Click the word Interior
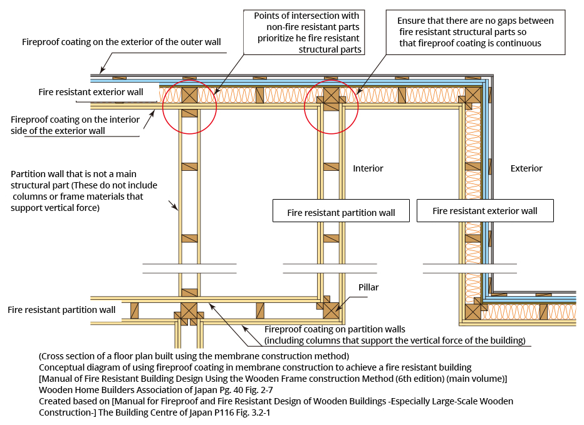pos(368,168)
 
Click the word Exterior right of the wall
pos(526,168)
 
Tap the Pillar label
pos(368,287)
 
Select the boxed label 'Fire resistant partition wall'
pos(341,211)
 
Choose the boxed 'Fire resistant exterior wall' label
pos(485,211)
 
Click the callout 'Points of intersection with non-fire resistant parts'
pos(304,33)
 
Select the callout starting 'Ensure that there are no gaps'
pos(476,33)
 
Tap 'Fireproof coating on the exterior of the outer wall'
pos(122,42)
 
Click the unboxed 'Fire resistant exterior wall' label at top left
pos(90,92)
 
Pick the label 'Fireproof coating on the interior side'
pos(75,125)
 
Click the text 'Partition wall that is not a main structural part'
pos(84,190)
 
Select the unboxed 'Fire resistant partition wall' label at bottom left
pos(61,310)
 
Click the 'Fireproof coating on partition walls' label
pos(395,335)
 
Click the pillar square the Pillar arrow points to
pos(331,310)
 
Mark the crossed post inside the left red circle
pos(190,95)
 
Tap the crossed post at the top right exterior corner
pos(473,95)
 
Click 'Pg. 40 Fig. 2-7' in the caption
pos(246,390)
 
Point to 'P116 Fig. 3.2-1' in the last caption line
pos(242,412)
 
